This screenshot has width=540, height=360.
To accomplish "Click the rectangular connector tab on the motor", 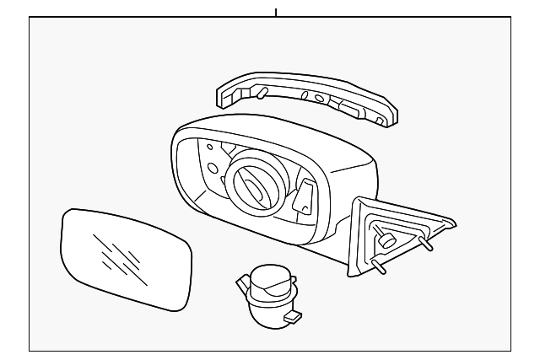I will pos(293,318).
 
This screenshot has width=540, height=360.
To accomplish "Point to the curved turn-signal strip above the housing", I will pos(304,97).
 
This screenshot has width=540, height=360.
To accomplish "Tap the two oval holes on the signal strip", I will pos(313,96).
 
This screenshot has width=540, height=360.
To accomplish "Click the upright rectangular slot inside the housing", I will pos(305,196).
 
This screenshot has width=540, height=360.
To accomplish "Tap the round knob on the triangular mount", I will pos(387,241).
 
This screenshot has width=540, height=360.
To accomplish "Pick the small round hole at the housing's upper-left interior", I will pos(210,148).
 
